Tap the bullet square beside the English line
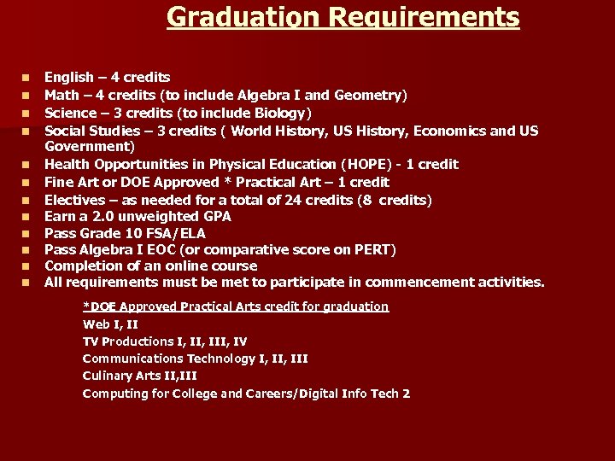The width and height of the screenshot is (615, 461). pos(26,79)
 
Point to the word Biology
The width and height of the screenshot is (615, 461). pos(282,113)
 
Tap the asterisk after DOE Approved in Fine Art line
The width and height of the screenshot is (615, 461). pos(228,182)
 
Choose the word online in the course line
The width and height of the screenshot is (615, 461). pos(185,266)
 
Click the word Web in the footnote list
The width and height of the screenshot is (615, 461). pos(97,324)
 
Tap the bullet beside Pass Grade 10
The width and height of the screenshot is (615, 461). pos(26,233)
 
